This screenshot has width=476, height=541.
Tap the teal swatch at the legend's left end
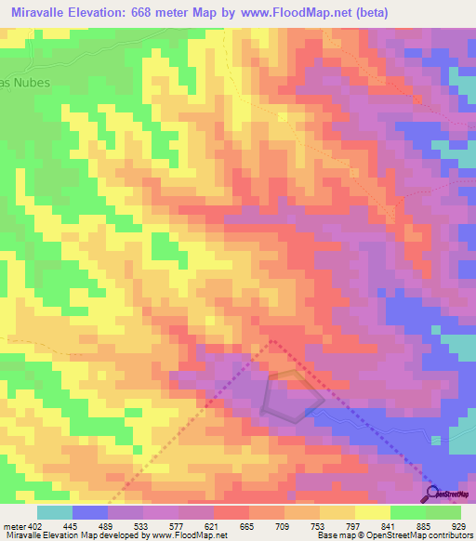55,512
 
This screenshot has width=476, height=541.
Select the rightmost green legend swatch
443,512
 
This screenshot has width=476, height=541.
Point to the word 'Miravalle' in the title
44,12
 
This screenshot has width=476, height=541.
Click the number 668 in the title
163,12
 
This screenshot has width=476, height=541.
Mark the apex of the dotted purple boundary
272,340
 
